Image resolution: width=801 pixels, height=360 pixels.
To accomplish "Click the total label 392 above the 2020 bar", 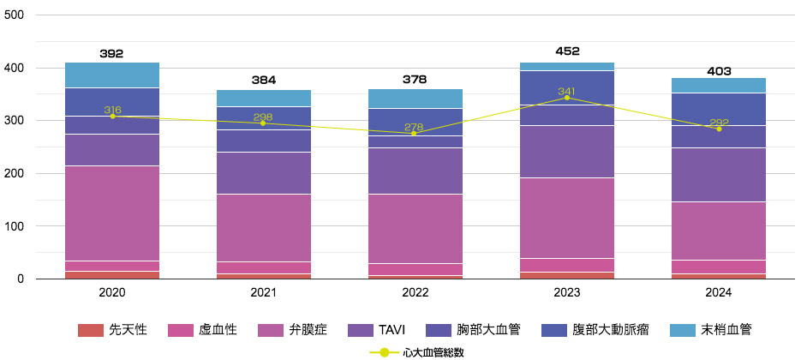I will click(111, 53).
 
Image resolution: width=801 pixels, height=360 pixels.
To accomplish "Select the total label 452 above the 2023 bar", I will click(566, 51).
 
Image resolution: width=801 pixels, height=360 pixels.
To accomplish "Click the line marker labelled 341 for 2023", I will click(566, 98).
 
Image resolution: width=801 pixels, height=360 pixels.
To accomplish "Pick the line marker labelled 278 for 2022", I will click(415, 133).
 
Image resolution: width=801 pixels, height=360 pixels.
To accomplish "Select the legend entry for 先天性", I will click(113, 329).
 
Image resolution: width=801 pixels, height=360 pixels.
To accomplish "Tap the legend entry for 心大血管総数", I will click(416, 351).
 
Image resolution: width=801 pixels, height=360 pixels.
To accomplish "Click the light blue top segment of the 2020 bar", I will click(111, 75).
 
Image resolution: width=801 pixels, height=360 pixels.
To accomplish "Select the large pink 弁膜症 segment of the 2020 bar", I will click(111, 213).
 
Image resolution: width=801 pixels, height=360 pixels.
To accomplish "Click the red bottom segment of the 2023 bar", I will click(566, 275).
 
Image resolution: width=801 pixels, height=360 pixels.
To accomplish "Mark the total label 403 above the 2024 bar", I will click(718, 71).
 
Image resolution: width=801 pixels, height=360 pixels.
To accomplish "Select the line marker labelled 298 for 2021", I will click(263, 123).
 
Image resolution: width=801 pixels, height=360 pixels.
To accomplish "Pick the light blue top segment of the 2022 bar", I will click(415, 98).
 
